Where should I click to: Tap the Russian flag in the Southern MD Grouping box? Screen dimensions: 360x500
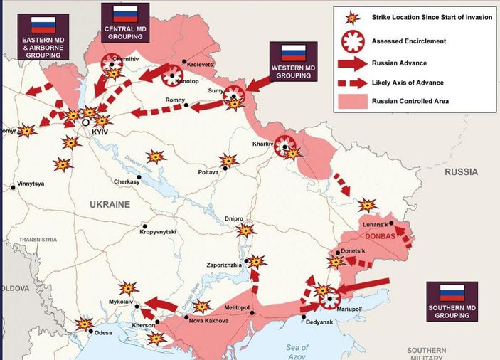click(452, 293)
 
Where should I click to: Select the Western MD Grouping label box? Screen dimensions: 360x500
click(292, 61)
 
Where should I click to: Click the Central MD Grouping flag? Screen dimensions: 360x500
click(125, 14)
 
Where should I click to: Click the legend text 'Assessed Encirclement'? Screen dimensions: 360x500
click(409, 41)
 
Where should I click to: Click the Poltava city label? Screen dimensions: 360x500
click(208, 173)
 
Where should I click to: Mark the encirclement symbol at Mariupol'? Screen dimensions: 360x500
click(330, 300)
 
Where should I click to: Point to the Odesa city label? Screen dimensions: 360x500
click(103, 332)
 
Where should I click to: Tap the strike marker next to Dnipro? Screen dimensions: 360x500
click(245, 231)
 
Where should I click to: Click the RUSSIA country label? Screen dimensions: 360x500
click(462, 172)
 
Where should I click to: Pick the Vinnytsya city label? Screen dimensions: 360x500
click(31, 184)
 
